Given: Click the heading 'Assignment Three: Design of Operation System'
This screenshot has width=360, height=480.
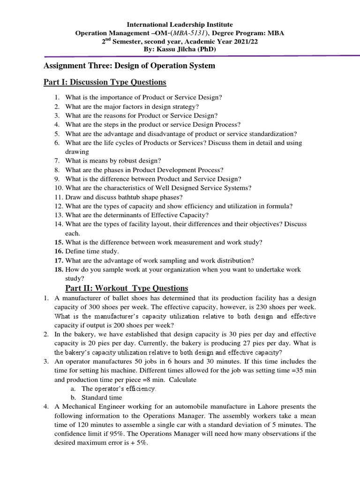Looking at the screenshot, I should (129, 66).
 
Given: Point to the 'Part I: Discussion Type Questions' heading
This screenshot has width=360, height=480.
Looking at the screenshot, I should (105, 82).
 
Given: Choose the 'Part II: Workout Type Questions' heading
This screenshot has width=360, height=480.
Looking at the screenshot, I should (126, 288).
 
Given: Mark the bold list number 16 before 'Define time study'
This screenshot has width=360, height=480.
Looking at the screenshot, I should (58, 251).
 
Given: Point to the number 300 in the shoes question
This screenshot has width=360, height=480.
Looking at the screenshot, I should (108, 307).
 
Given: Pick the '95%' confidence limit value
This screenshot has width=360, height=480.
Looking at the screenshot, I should (123, 434).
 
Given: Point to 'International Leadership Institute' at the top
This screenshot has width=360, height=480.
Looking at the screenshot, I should (180, 24).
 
